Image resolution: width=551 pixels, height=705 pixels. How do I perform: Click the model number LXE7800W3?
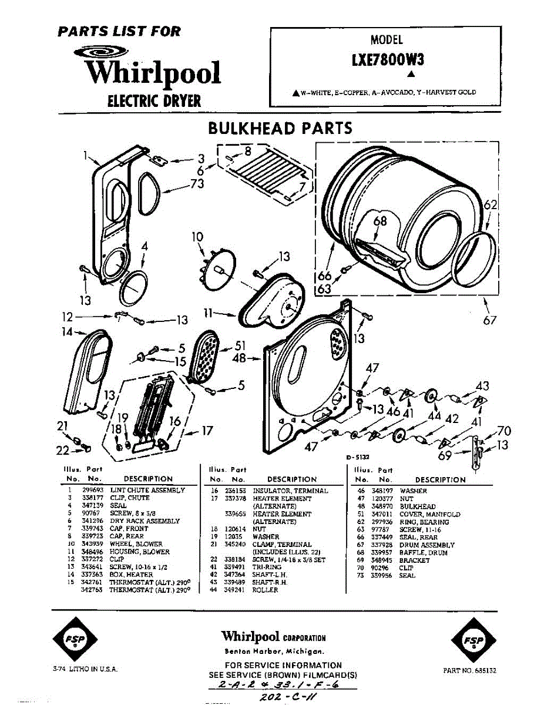pos(387,60)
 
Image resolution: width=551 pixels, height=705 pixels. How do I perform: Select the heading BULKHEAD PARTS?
pos(280,128)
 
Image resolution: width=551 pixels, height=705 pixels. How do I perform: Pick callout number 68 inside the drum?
pos(381,221)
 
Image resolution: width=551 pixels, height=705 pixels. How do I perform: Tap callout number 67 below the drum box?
pos(490,320)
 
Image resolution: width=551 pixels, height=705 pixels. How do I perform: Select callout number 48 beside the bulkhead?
pos(239,357)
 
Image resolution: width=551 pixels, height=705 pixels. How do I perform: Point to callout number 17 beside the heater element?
pos(207,431)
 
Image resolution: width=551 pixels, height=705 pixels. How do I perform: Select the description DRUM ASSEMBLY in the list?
pos(427,545)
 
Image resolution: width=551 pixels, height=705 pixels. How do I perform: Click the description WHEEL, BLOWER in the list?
pos(136,544)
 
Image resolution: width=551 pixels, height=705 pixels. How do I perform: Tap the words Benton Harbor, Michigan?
pos(274,652)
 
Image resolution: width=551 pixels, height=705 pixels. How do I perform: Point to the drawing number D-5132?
pos(357,456)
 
